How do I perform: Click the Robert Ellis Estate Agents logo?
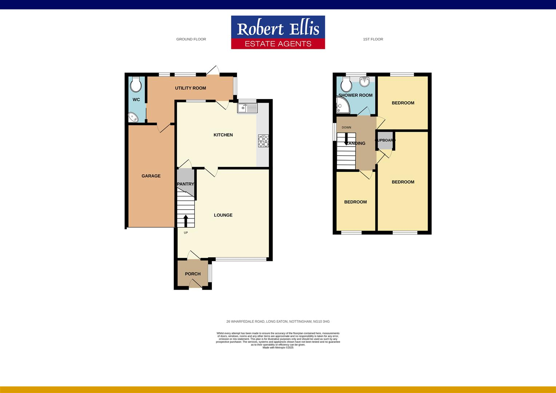(x=278, y=32)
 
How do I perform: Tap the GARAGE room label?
(x=151, y=176)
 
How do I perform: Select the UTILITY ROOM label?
(x=190, y=88)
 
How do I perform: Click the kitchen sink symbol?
(x=247, y=108)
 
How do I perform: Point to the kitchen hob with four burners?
(x=263, y=141)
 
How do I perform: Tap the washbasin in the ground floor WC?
(x=133, y=117)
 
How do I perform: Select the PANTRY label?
(x=186, y=184)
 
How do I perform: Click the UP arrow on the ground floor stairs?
(x=186, y=221)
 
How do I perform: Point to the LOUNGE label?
(x=223, y=215)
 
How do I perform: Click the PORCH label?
(x=192, y=274)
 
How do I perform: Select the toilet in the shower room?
(x=346, y=85)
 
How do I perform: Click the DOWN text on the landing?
(x=346, y=127)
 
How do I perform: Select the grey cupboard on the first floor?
(x=385, y=141)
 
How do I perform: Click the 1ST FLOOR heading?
(x=373, y=39)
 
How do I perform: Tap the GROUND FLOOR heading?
(x=191, y=39)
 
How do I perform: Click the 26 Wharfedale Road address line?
(x=278, y=322)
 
